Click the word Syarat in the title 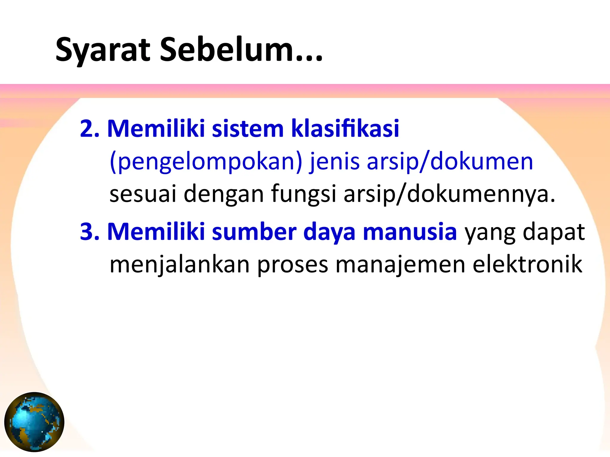[103, 50]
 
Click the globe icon [34, 422]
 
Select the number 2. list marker [90, 129]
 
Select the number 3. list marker [90, 231]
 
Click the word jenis [334, 162]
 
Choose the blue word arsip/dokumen [450, 162]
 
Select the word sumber [254, 231]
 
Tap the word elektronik [527, 264]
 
